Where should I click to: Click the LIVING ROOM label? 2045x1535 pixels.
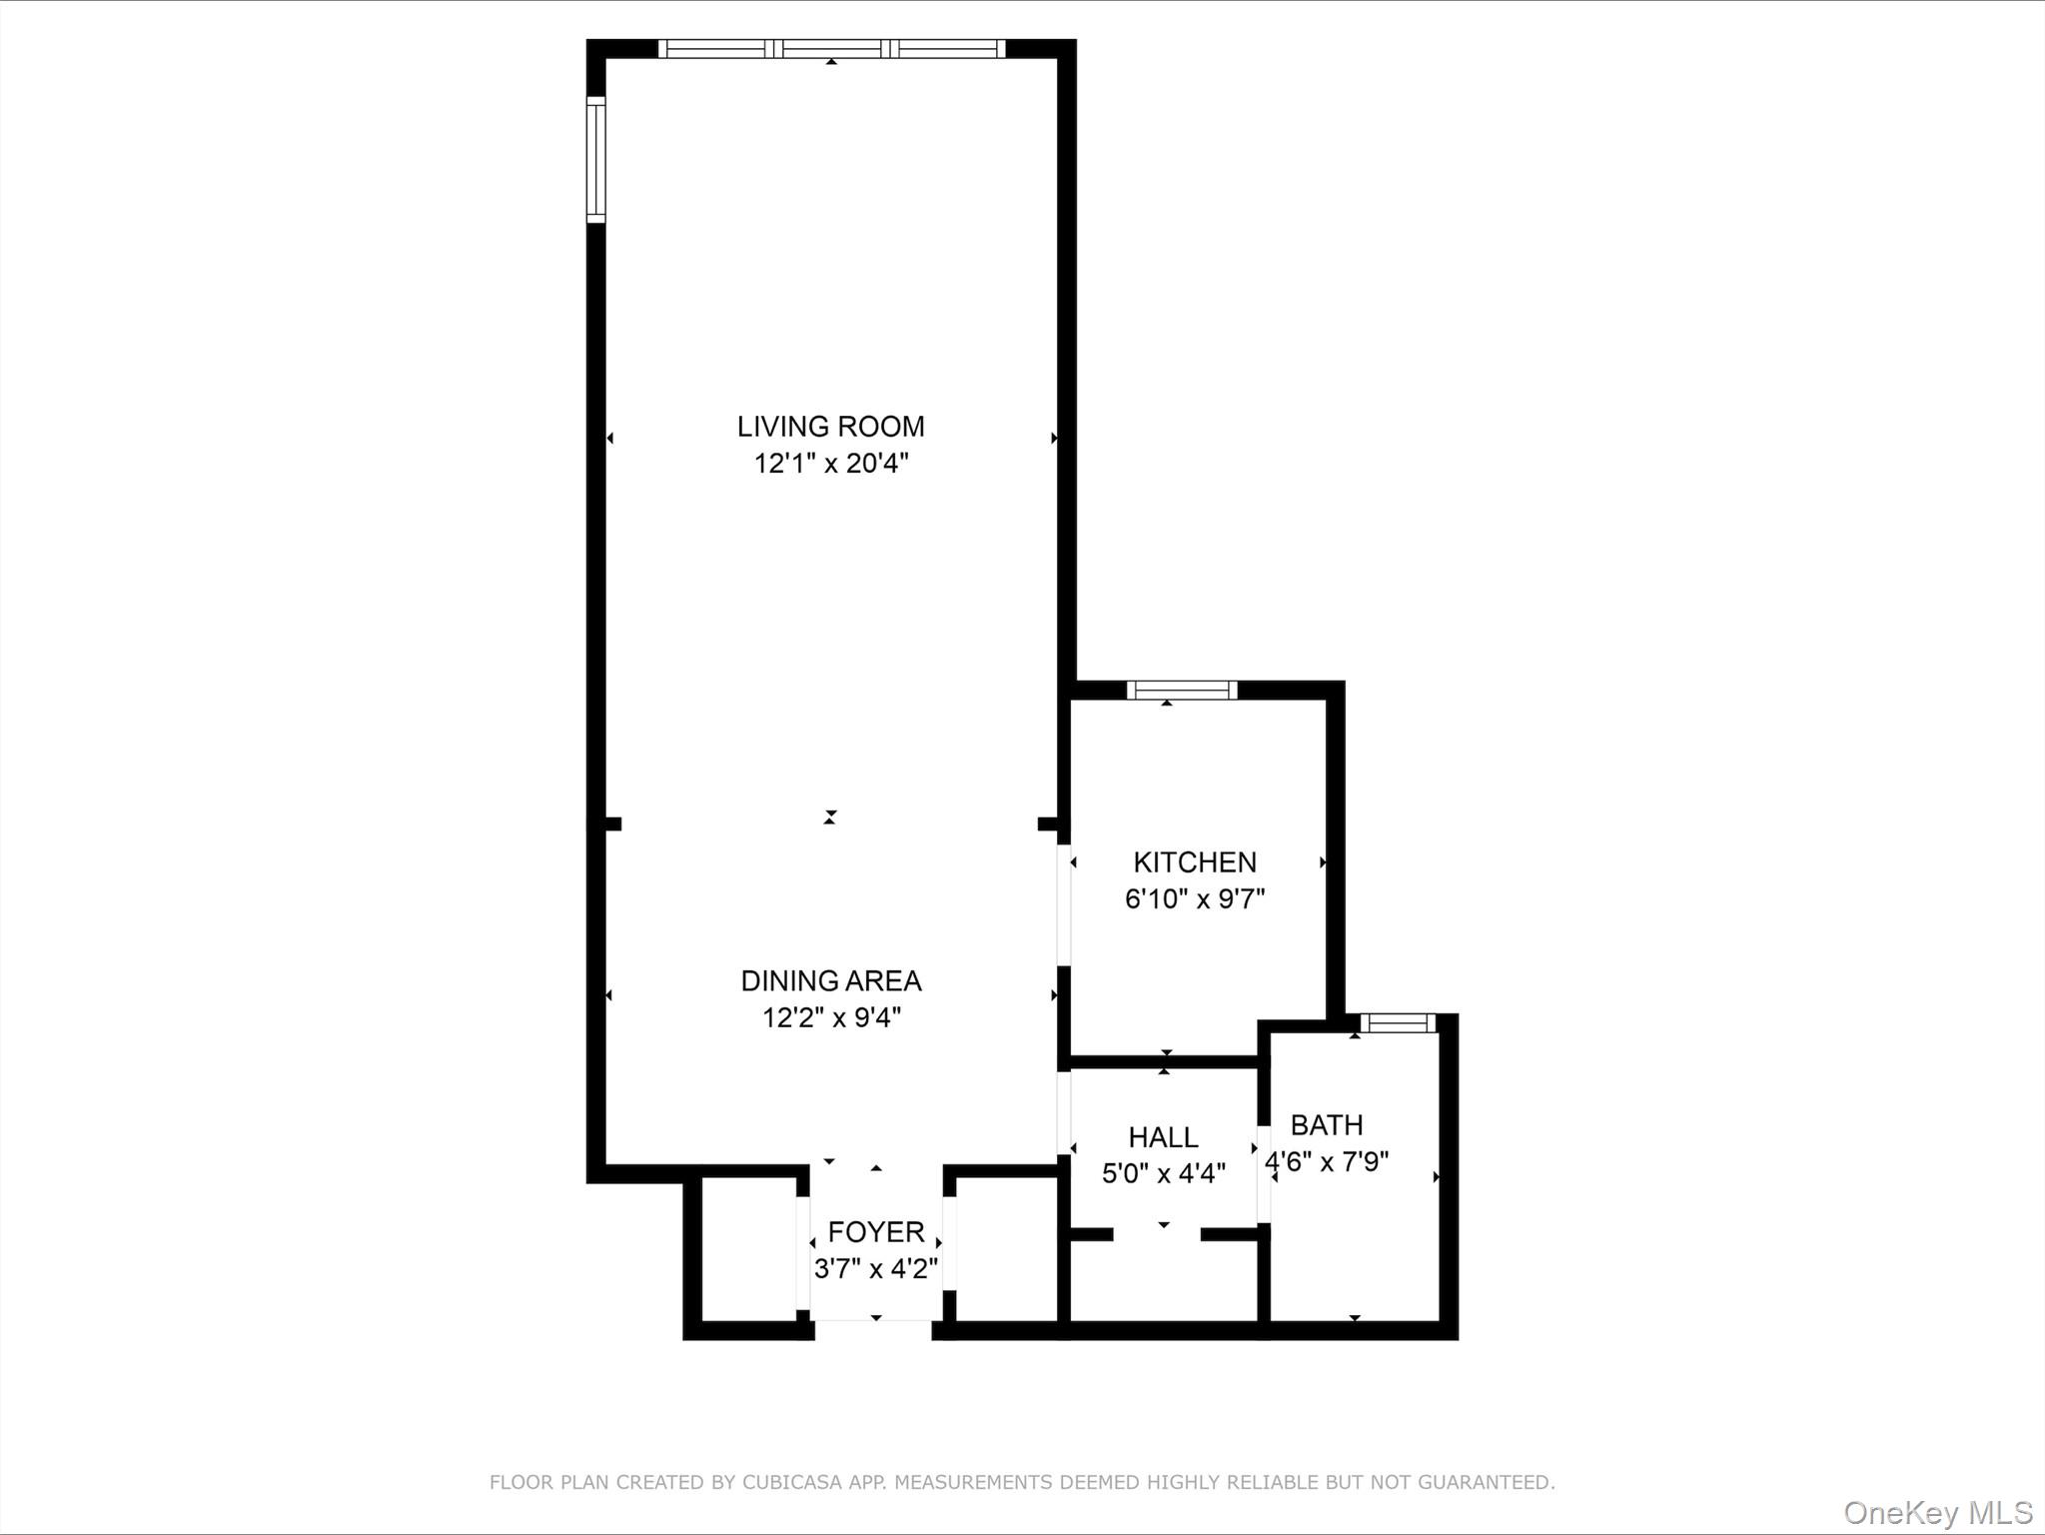830,427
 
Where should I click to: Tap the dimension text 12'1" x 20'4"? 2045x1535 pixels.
830,464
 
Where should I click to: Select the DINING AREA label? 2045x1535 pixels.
830,980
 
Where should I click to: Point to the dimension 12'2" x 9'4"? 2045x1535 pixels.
830,1017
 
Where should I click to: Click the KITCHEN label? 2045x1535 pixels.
1194,861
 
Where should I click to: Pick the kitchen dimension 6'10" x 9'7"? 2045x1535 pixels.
1194,898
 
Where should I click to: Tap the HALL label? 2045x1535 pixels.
1163,1136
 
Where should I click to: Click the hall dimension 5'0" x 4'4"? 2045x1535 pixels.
1163,1173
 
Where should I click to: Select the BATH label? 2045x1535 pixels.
1326,1124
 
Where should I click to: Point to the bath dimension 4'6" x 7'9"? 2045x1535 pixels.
1326,1162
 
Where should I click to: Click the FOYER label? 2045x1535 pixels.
875,1231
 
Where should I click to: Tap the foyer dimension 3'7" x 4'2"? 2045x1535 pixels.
875,1268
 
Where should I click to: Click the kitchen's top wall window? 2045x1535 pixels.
1181,690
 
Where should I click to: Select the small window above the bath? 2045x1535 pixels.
1397,1022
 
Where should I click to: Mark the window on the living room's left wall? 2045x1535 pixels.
595,160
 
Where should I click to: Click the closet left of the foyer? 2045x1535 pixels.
748,1249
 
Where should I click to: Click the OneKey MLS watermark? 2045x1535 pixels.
1937,1512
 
